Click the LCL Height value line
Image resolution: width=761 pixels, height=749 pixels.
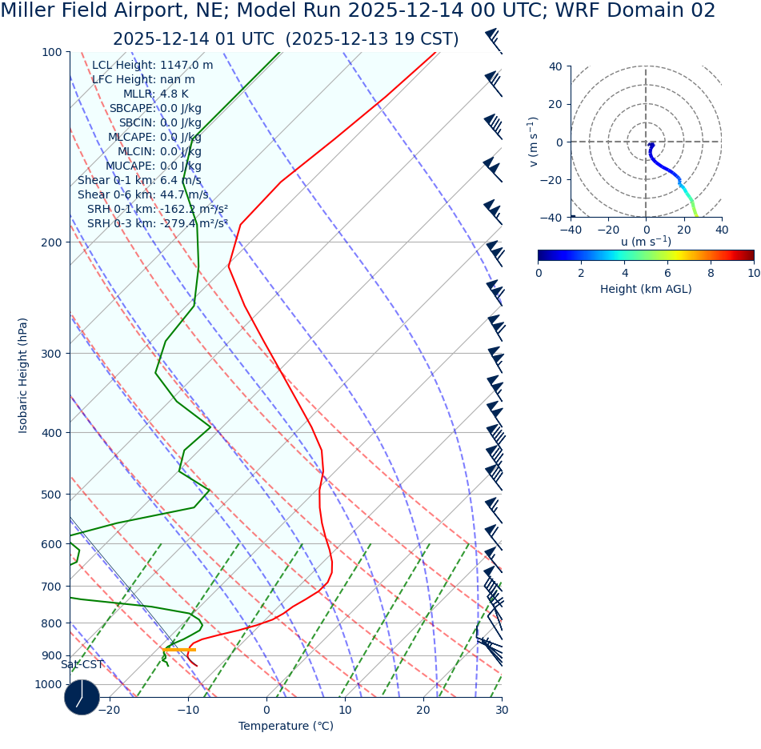[x=152, y=66]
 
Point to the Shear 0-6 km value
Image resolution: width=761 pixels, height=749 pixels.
[x=142, y=195]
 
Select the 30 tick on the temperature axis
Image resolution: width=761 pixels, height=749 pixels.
[x=502, y=710]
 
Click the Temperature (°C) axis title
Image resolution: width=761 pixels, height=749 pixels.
[x=286, y=727]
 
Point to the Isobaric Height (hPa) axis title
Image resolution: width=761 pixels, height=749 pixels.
[x=23, y=375]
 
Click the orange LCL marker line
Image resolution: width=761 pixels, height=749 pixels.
[x=179, y=650]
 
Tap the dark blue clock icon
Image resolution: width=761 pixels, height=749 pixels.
[x=82, y=697]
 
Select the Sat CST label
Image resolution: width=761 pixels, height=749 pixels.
[x=82, y=665]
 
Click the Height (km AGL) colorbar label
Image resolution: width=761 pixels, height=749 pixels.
[x=646, y=290]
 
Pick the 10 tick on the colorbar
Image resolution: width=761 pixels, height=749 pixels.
[x=753, y=273]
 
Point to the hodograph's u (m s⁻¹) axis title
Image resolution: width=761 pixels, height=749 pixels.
[x=646, y=242]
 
